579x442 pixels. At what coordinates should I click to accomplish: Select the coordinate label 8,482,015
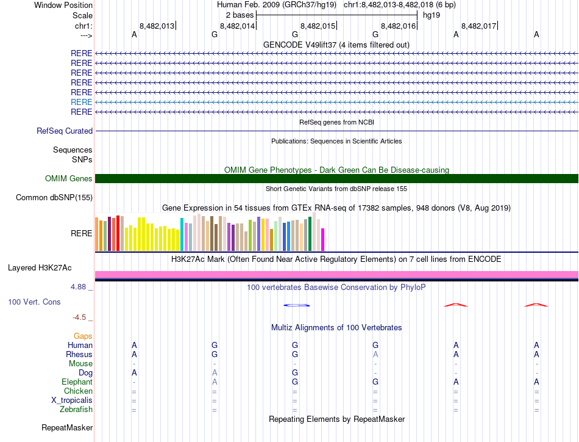318,26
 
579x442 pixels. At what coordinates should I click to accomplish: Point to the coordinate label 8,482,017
479,26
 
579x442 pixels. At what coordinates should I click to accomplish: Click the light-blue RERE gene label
82,102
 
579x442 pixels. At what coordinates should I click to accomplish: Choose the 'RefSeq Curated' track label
65,131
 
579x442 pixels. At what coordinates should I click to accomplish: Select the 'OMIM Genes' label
68,178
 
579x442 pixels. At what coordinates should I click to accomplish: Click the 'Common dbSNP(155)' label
54,197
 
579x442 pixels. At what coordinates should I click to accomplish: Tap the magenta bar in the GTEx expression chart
323,239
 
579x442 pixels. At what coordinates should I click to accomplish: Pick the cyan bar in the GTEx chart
182,234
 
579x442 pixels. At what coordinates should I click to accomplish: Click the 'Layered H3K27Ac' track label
40,267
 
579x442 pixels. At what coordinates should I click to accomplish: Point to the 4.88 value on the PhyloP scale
80,286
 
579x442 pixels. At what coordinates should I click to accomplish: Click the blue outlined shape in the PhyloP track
295,305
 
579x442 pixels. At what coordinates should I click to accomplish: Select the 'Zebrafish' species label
76,410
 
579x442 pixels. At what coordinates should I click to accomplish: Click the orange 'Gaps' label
83,336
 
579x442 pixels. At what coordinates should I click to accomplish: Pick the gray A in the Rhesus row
375,355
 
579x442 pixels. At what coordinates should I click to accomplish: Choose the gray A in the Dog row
215,373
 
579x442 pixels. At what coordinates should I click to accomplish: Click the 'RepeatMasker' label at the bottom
67,427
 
